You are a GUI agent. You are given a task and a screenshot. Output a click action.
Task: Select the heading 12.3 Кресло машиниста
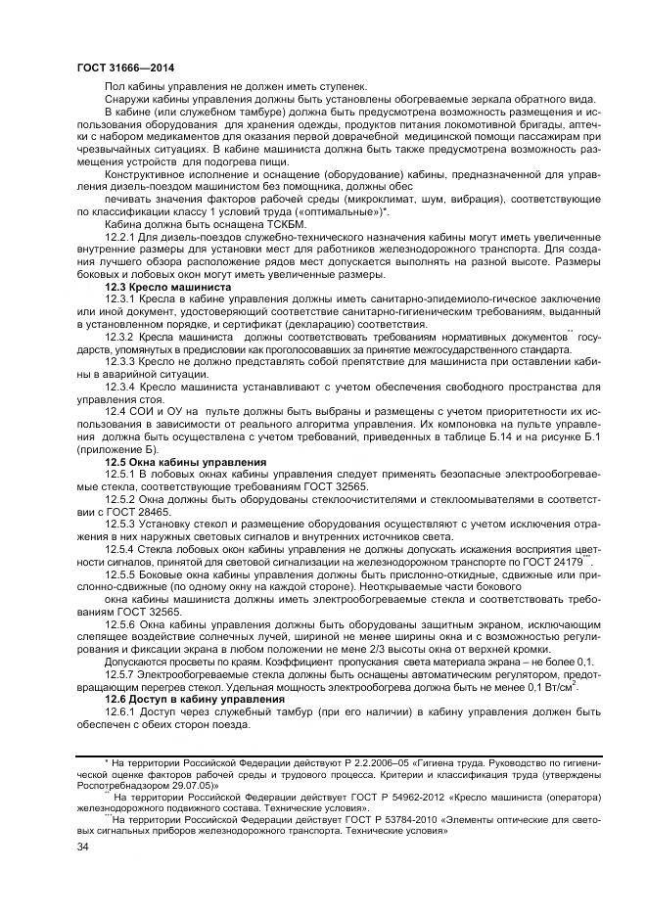168,288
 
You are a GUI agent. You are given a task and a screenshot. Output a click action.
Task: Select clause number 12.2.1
121,237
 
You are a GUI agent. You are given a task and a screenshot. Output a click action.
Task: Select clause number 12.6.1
121,714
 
